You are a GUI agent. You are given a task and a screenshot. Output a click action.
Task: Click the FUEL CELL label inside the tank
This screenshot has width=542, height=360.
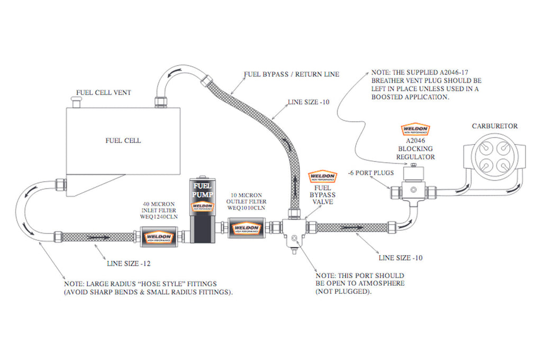(x=123, y=141)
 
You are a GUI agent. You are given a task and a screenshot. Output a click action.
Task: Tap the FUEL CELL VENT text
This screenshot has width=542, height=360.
(x=104, y=93)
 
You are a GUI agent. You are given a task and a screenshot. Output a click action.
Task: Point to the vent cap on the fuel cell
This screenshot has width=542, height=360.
(x=75, y=102)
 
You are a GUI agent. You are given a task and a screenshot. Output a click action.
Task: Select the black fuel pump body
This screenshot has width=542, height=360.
(x=203, y=217)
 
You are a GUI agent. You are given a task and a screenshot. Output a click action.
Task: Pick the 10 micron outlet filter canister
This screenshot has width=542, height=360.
(x=246, y=229)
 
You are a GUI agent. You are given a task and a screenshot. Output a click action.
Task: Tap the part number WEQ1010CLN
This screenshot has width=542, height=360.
(x=246, y=208)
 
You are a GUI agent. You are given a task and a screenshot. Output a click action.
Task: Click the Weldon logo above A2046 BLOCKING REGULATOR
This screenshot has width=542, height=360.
(x=415, y=129)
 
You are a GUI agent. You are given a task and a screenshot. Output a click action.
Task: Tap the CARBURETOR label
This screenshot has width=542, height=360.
(x=494, y=126)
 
